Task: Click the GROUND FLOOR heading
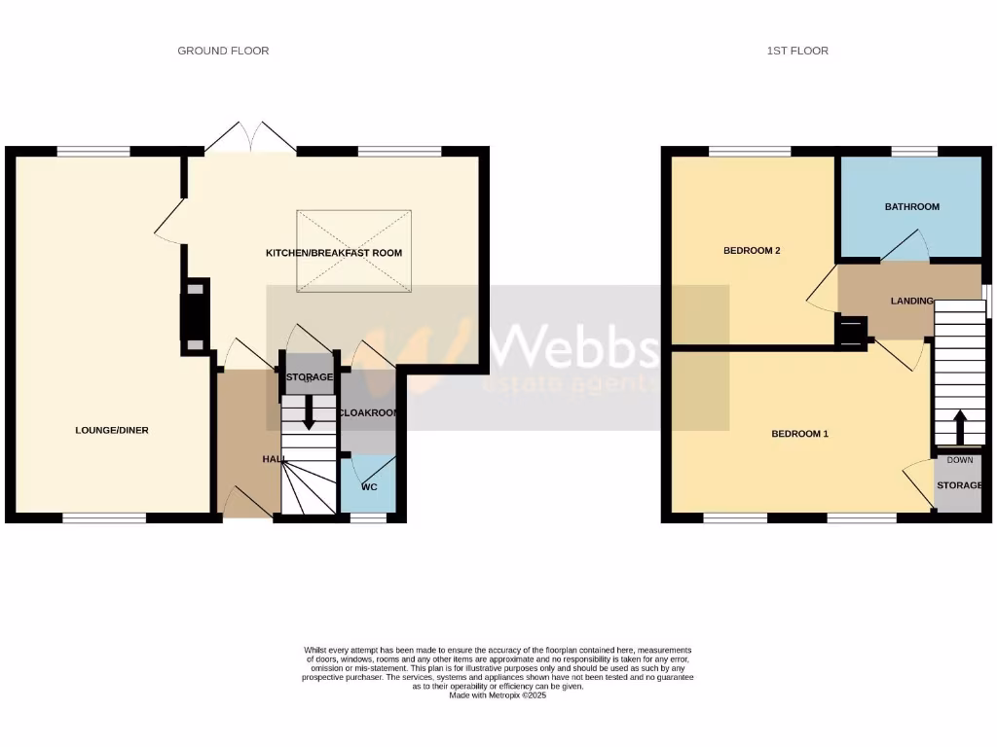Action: coord(223,51)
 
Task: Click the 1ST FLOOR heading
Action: coord(796,51)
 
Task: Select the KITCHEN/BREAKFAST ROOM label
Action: coord(334,253)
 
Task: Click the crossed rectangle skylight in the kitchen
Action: coord(353,251)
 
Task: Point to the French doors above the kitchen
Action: coord(250,137)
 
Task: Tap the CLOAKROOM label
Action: coord(369,412)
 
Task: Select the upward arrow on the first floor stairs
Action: coord(959,426)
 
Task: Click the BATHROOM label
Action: coord(911,206)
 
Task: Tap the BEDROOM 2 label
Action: coord(752,250)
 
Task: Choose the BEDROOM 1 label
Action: coord(799,434)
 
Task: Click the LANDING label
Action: coord(911,301)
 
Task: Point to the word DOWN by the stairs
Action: coord(959,460)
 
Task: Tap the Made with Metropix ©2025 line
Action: coord(498,694)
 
